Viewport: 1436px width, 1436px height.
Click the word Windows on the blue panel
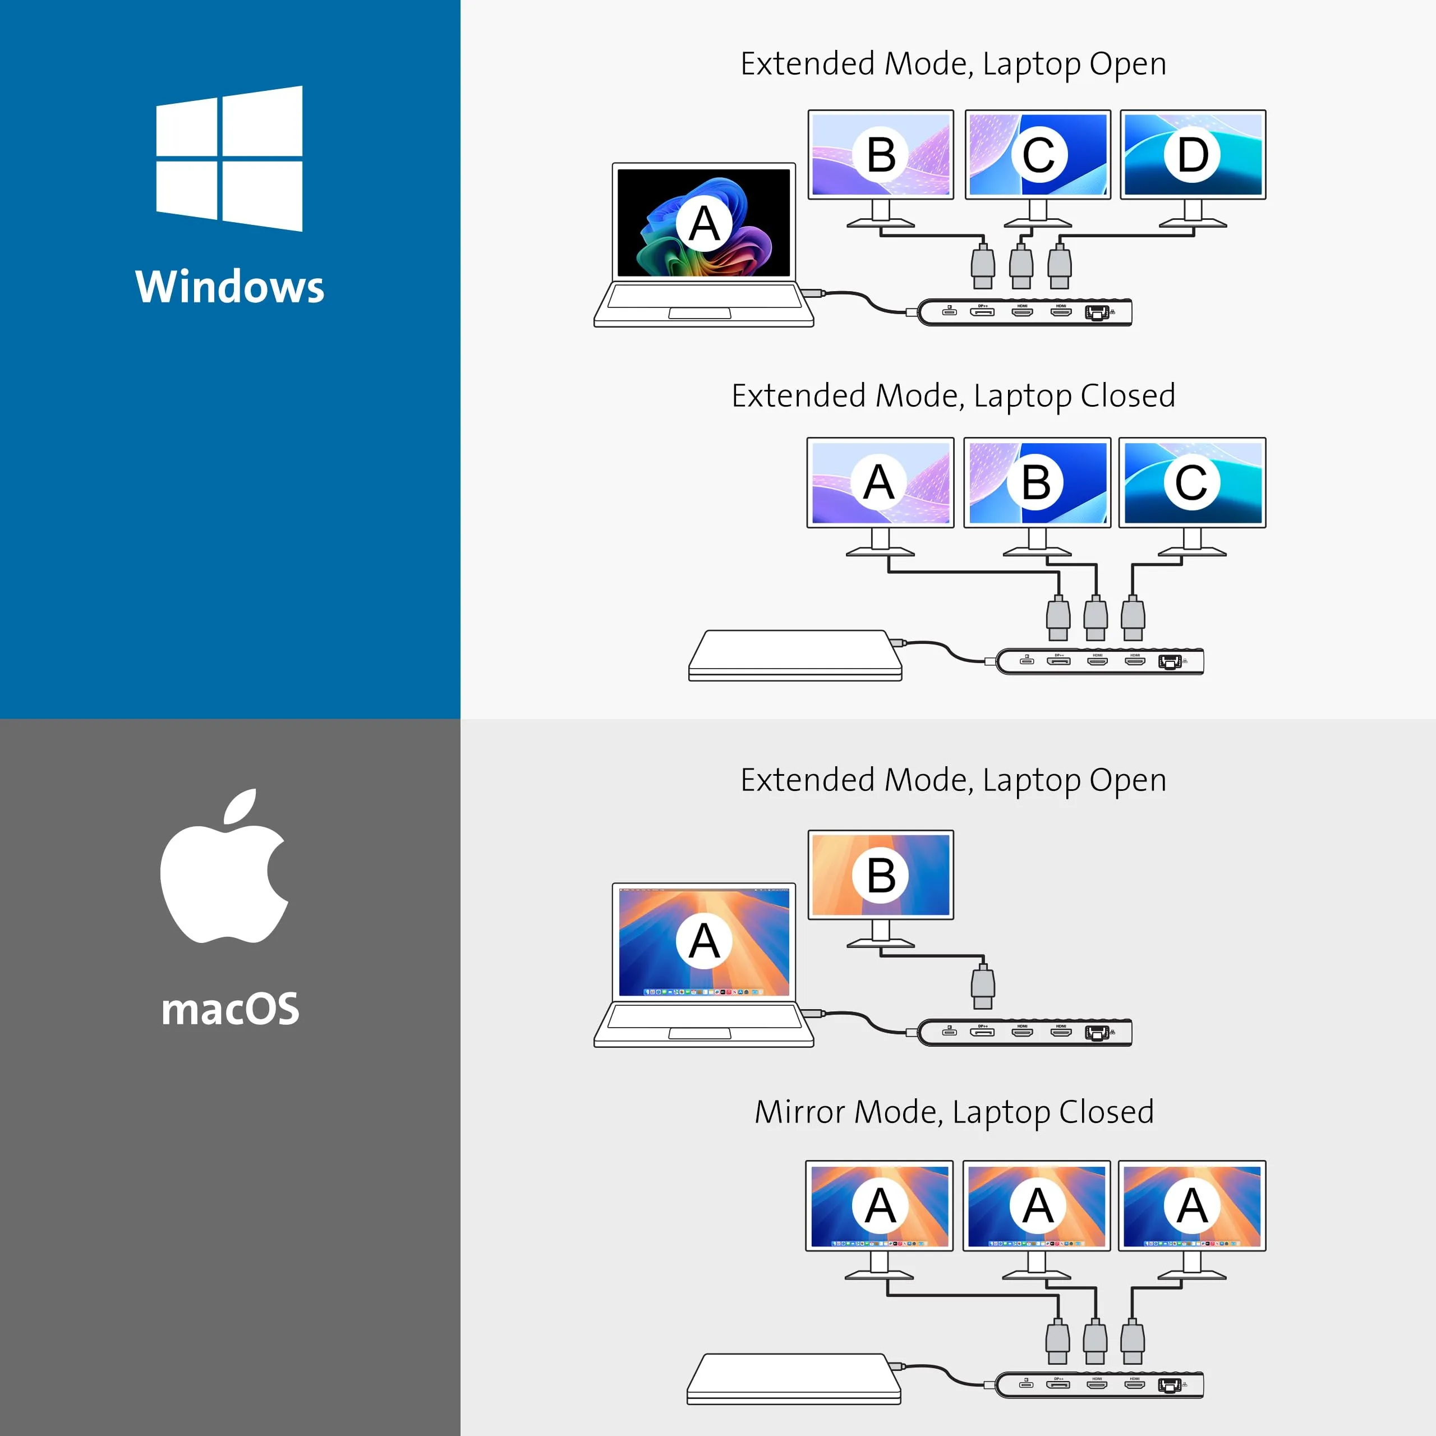click(229, 287)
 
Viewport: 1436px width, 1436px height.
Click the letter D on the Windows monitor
click(1192, 155)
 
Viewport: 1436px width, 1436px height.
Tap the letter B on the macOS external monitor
click(881, 875)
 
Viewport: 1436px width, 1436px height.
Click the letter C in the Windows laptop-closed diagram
click(1191, 482)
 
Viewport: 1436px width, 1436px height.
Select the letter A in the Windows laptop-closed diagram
click(880, 482)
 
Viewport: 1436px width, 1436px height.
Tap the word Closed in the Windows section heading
click(1127, 396)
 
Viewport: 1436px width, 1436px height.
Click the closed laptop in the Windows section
click(794, 654)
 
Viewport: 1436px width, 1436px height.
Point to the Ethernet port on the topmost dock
click(1096, 312)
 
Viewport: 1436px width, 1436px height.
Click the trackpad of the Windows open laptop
click(699, 314)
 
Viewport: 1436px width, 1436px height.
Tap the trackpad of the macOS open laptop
click(699, 1034)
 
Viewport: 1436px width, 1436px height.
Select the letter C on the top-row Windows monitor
click(1038, 155)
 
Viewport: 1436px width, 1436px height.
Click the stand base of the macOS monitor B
click(881, 942)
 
